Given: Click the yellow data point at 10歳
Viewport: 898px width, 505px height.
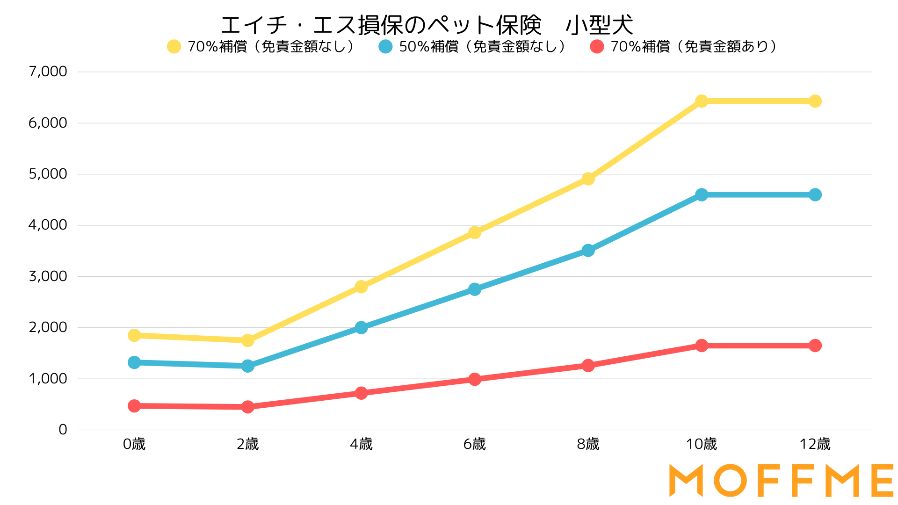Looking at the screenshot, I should [x=702, y=101].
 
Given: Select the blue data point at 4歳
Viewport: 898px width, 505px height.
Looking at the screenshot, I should [x=361, y=327].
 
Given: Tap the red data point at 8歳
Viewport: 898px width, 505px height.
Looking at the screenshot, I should [x=588, y=365].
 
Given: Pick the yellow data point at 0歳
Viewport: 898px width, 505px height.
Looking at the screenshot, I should [x=134, y=335].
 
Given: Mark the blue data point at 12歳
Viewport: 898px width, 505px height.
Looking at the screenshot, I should [x=815, y=195].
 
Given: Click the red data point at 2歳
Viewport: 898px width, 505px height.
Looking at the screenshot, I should [x=248, y=407].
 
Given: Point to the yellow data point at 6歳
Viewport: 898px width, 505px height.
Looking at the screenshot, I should [x=475, y=232].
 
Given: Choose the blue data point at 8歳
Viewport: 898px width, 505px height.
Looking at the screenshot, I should [x=588, y=251].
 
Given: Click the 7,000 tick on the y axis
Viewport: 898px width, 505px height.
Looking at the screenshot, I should [x=48, y=72].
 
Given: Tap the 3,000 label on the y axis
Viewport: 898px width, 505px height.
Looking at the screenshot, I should [x=48, y=276].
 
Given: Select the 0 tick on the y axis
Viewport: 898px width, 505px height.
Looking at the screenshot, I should [x=63, y=430].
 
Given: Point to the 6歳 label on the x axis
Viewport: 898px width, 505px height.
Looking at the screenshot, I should [x=475, y=444].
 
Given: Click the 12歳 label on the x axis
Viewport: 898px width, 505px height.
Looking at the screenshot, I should [x=815, y=444].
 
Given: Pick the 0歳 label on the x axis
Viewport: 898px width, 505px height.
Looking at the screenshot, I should [x=134, y=444].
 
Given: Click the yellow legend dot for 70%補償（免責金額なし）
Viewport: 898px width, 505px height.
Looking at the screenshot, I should [x=174, y=47].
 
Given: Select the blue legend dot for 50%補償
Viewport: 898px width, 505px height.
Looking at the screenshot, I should [x=385, y=47].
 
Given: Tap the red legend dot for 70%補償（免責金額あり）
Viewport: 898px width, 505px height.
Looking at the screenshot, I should [x=597, y=47].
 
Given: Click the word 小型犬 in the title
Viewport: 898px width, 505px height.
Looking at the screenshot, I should [x=599, y=25].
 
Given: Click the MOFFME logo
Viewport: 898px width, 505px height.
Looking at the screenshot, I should [x=781, y=480].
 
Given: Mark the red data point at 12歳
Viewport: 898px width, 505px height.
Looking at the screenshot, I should [x=815, y=346].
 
